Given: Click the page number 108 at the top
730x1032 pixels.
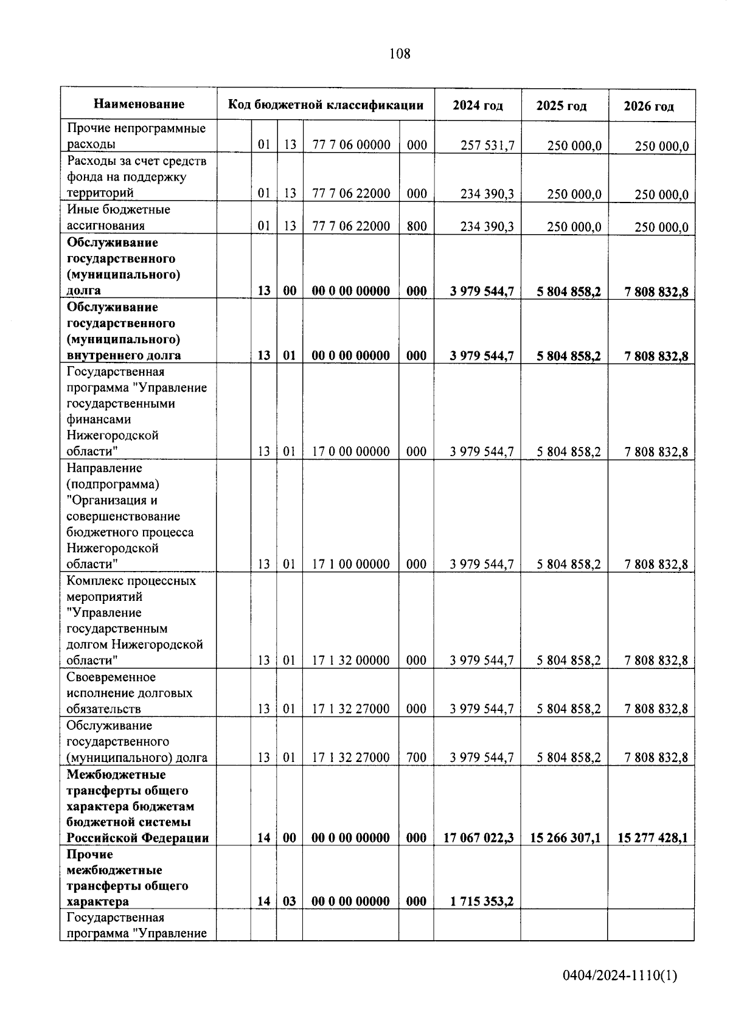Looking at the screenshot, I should pyautogui.click(x=400, y=54).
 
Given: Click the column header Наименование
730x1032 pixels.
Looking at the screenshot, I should pyautogui.click(x=139, y=104).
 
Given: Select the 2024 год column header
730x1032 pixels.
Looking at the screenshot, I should pyautogui.click(x=478, y=106).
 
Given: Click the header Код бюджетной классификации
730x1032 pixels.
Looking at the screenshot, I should pyautogui.click(x=325, y=105).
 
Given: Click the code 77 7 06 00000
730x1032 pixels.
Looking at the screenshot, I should pyautogui.click(x=350, y=145).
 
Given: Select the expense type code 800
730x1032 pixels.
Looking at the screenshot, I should pyautogui.click(x=416, y=226).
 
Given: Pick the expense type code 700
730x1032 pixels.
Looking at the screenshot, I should pyautogui.click(x=416, y=757).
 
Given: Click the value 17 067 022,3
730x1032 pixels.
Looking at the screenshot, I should pyautogui.click(x=478, y=838).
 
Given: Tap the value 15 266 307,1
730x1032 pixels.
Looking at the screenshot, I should pyautogui.click(x=565, y=838).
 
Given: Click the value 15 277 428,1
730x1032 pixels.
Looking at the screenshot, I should pyautogui.click(x=652, y=838).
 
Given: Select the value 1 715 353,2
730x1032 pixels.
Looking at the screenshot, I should pyautogui.click(x=482, y=901).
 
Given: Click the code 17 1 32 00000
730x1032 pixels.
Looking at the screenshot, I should pyautogui.click(x=350, y=660).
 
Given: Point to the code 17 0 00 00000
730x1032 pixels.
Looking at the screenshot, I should pyautogui.click(x=350, y=451).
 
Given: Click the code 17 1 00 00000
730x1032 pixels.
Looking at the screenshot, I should pyautogui.click(x=350, y=564).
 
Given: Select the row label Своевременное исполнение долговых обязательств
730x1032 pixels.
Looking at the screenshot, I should pyautogui.click(x=129, y=693).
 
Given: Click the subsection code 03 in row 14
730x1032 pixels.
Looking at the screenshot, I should pyautogui.click(x=290, y=901).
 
